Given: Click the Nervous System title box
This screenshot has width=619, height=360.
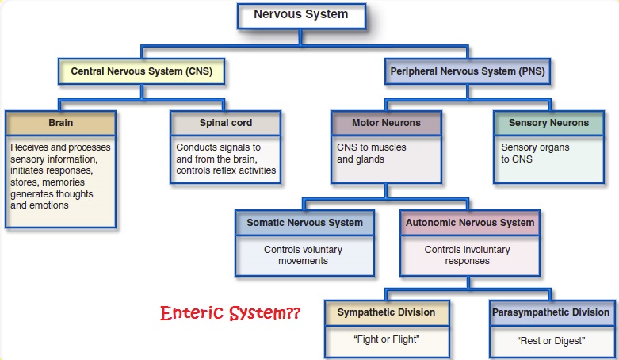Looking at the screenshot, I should pos(300,15).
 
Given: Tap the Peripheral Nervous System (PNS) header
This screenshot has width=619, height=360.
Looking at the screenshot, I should pos(468,71).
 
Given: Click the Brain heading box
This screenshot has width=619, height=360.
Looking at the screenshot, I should pos(61,124).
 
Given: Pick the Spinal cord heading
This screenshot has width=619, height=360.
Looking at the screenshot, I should pos(224,124).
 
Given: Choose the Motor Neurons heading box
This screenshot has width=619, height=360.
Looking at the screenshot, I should pos(386,124).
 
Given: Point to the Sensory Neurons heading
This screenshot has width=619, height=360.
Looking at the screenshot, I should pos(548,124).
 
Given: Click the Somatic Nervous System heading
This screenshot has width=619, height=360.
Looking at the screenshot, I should pos(304,224).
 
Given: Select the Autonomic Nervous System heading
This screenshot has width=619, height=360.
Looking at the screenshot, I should pos(470,224).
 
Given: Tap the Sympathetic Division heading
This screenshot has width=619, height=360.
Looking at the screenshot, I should pos(386,312).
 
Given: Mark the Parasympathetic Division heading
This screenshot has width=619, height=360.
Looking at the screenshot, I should pos(550,312).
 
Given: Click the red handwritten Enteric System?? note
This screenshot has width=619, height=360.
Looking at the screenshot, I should pos(230,313).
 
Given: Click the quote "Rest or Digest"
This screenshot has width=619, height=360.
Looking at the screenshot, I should pos(550,341).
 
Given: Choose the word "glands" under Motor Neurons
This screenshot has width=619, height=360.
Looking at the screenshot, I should pos(372,159).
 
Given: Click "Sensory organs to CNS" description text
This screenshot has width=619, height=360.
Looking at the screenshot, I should pos(536,153).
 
